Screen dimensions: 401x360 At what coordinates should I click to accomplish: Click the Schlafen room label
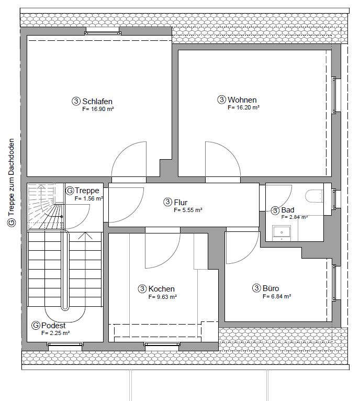97,101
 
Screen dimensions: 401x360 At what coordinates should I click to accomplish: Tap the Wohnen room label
242,99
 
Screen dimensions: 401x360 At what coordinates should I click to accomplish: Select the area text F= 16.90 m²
98,109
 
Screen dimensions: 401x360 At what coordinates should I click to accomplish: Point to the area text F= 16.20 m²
243,107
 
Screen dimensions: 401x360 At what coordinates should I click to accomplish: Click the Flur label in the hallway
181,202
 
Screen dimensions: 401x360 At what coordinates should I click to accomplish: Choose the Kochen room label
161,288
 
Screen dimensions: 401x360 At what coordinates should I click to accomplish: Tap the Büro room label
271,288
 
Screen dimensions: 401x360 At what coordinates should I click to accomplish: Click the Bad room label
287,210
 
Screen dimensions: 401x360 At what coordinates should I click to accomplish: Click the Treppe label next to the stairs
86,191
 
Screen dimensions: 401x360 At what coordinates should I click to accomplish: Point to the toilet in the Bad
316,196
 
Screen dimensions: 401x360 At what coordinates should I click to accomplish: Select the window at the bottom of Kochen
160,344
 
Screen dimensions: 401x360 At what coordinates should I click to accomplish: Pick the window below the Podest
64,344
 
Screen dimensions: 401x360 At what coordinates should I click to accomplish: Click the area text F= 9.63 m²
162,296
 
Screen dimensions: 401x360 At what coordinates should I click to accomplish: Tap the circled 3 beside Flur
167,202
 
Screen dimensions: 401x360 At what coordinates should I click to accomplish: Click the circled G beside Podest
36,325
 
